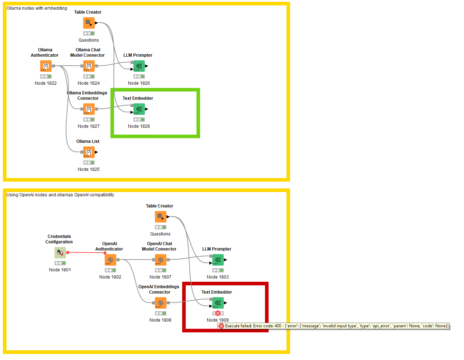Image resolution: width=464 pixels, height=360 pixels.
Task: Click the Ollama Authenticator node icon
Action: click(x=46, y=66)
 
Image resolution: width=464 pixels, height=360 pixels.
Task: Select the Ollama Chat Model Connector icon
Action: click(x=89, y=66)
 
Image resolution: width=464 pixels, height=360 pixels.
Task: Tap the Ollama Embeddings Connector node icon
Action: click(x=89, y=109)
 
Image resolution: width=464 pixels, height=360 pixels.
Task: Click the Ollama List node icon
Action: click(x=89, y=152)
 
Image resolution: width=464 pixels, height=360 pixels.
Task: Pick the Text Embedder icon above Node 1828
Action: click(x=139, y=109)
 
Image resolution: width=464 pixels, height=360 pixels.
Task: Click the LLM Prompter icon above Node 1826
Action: click(x=139, y=66)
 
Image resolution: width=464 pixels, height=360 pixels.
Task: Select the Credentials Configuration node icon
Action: click(x=60, y=253)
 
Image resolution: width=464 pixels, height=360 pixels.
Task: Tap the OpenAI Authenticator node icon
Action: click(x=110, y=260)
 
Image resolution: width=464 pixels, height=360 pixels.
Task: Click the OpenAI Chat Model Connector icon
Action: click(x=160, y=260)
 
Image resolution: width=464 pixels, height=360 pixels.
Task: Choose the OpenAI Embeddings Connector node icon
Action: click(x=160, y=303)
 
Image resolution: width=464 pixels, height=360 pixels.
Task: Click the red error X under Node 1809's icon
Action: click(x=218, y=313)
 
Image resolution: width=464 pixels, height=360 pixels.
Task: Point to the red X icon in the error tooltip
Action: click(x=221, y=326)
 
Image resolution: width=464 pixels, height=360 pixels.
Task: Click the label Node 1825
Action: click(x=89, y=169)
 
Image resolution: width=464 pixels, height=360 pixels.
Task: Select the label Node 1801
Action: click(x=60, y=270)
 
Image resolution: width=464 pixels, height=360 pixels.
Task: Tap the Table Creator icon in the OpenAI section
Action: click(x=160, y=217)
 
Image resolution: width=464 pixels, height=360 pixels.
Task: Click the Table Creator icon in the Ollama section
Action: click(x=89, y=23)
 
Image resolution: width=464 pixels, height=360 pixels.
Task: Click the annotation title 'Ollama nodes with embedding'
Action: click(x=37, y=8)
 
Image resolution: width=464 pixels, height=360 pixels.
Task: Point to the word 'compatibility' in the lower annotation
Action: click(x=102, y=195)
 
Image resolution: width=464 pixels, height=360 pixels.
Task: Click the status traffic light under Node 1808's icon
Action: click(x=160, y=313)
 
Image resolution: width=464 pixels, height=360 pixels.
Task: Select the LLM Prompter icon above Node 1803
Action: click(x=218, y=260)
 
